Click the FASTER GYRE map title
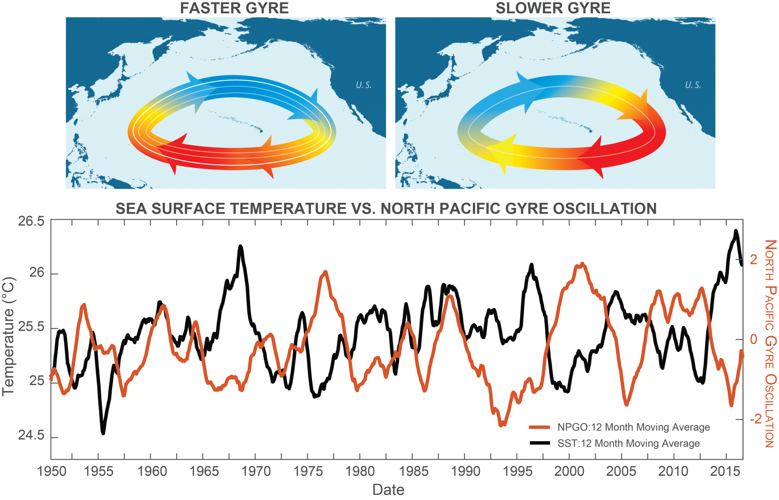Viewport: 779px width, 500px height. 234,8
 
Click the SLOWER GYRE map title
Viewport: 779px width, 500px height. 553,8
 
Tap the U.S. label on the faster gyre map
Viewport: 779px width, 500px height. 363,85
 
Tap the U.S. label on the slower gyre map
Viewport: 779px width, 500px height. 693,85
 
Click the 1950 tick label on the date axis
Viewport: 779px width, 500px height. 51,472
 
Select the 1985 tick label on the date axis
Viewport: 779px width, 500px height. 413,472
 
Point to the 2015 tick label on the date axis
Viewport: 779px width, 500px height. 725,472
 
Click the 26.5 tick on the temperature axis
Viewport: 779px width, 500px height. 31,221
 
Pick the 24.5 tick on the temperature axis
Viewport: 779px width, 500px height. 31,435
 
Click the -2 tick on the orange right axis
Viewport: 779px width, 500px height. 755,419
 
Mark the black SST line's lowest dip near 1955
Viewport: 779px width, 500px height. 103,433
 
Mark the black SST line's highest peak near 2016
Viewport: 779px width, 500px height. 736,231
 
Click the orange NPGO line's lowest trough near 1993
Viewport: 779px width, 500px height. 501,425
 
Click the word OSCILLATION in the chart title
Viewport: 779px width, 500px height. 605,209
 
